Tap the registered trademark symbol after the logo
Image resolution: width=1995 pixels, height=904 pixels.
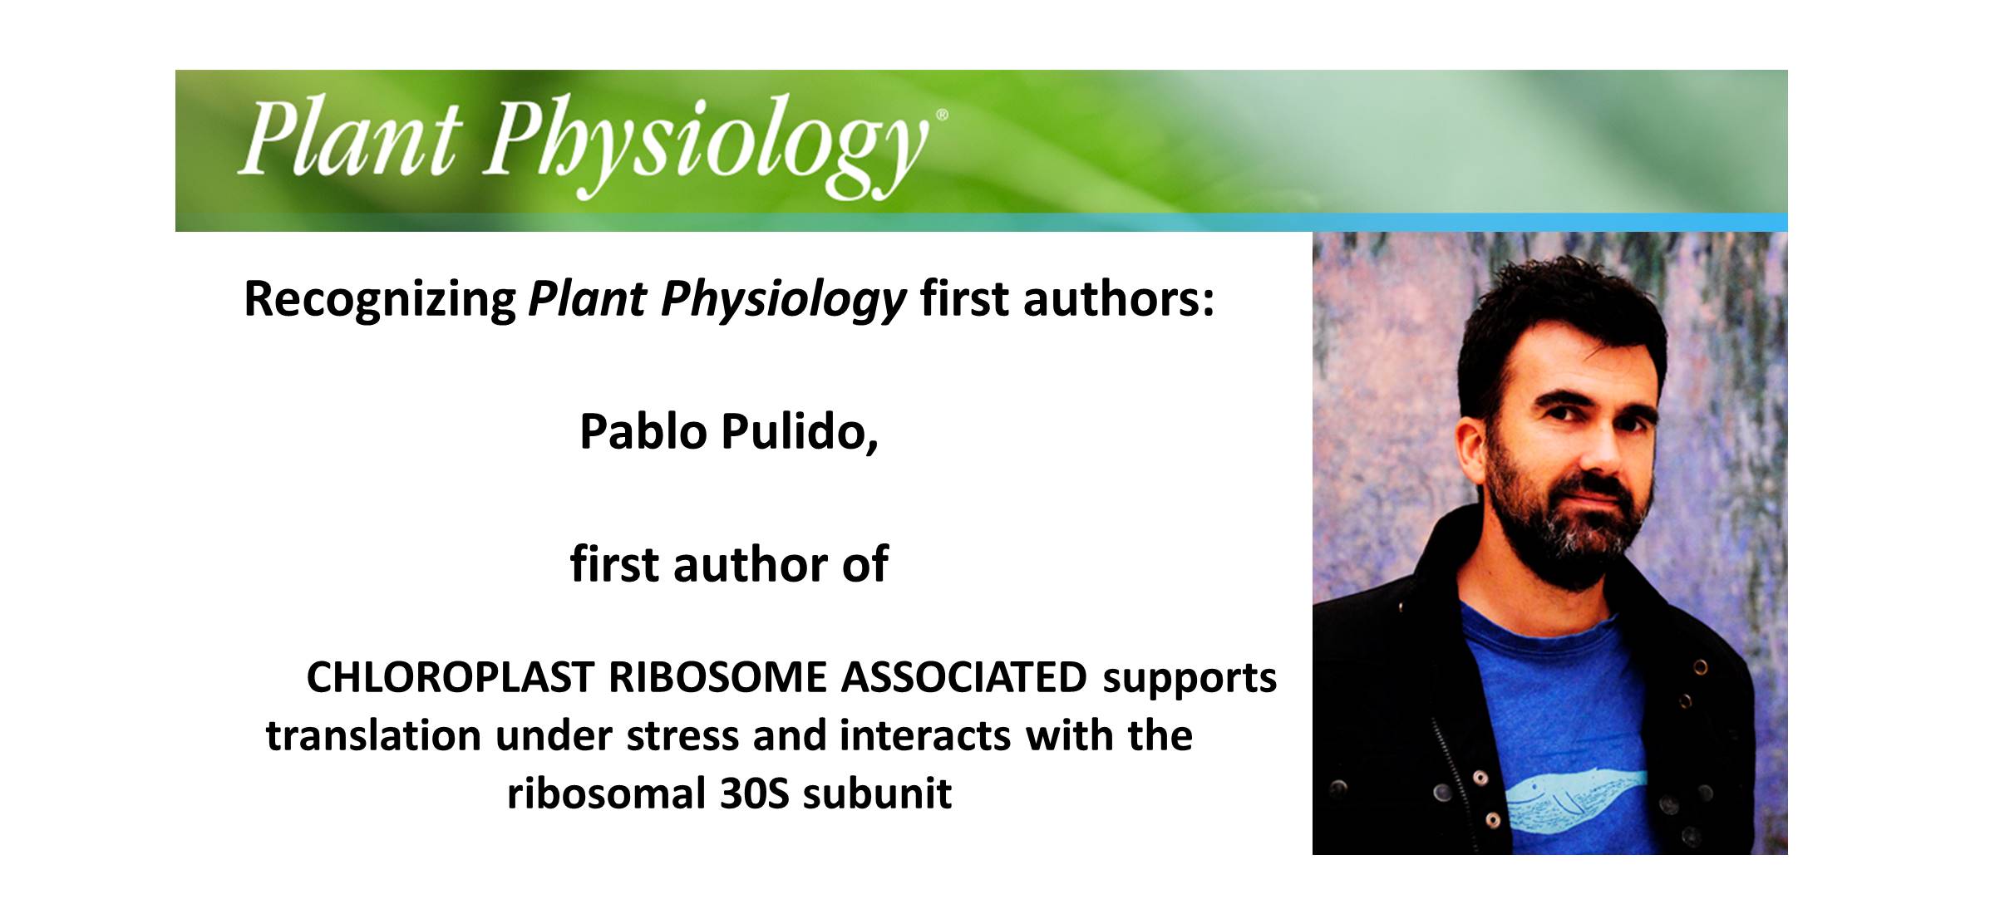point(941,116)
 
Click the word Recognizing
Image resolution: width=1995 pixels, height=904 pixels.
point(380,299)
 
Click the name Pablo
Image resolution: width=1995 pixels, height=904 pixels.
point(643,432)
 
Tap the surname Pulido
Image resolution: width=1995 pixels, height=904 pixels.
point(800,432)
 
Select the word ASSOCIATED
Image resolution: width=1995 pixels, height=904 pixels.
point(964,678)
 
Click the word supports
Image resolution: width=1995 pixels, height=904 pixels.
point(1190,678)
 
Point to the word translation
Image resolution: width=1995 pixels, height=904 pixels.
point(373,736)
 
